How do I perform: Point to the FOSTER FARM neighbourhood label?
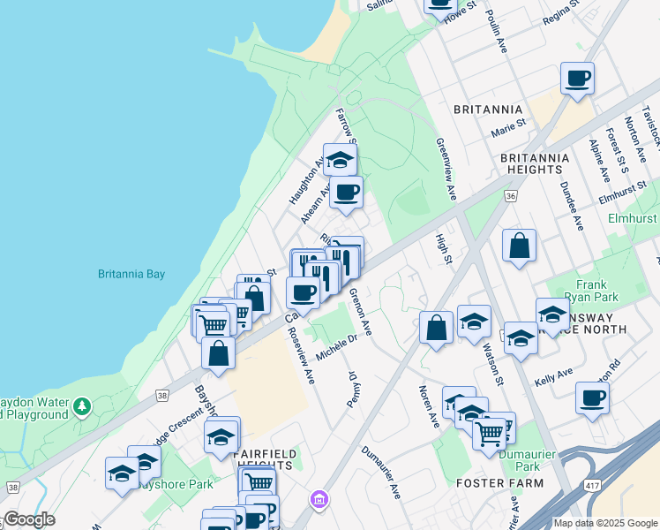(500, 483)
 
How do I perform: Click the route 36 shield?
(511, 196)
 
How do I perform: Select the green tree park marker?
(82, 406)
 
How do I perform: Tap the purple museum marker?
(318, 501)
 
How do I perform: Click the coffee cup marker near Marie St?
(578, 79)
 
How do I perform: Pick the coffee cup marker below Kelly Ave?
(592, 397)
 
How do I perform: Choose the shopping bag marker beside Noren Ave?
(437, 328)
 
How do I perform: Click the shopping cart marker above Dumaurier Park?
(490, 433)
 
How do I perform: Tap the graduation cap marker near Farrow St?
(340, 160)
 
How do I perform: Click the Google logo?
(29, 519)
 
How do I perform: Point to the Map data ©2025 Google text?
(604, 523)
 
